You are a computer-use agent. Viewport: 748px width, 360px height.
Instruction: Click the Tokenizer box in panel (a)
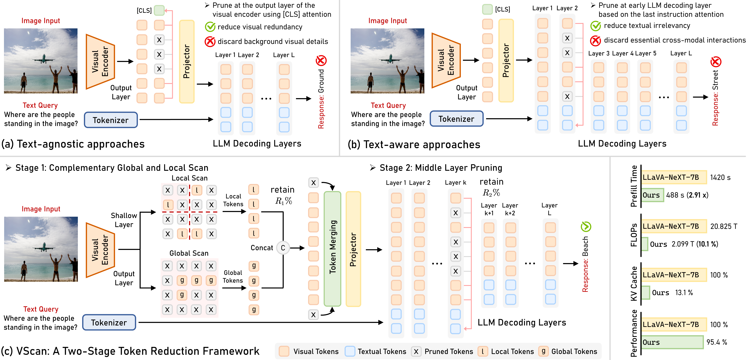tap(111, 120)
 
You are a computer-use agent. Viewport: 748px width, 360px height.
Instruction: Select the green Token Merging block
tap(332, 248)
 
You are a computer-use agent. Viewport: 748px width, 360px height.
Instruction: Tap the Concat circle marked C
tap(283, 248)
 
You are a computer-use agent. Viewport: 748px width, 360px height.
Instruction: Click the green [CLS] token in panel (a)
tap(159, 10)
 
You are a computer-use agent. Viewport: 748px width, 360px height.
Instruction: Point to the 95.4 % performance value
tap(717, 342)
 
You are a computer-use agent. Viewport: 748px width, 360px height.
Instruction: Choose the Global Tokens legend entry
tap(568, 351)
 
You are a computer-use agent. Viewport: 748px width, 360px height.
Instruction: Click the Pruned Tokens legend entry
tap(442, 351)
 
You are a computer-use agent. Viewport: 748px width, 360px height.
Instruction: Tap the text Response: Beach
tap(585, 264)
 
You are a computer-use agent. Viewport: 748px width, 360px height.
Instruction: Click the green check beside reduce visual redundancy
tap(210, 27)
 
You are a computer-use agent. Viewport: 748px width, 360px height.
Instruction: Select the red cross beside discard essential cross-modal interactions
tap(595, 40)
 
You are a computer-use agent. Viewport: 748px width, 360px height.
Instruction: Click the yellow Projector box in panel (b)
tap(506, 60)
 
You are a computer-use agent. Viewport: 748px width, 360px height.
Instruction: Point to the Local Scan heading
tap(190, 178)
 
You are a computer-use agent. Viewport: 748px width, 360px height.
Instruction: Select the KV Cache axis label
tap(634, 283)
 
